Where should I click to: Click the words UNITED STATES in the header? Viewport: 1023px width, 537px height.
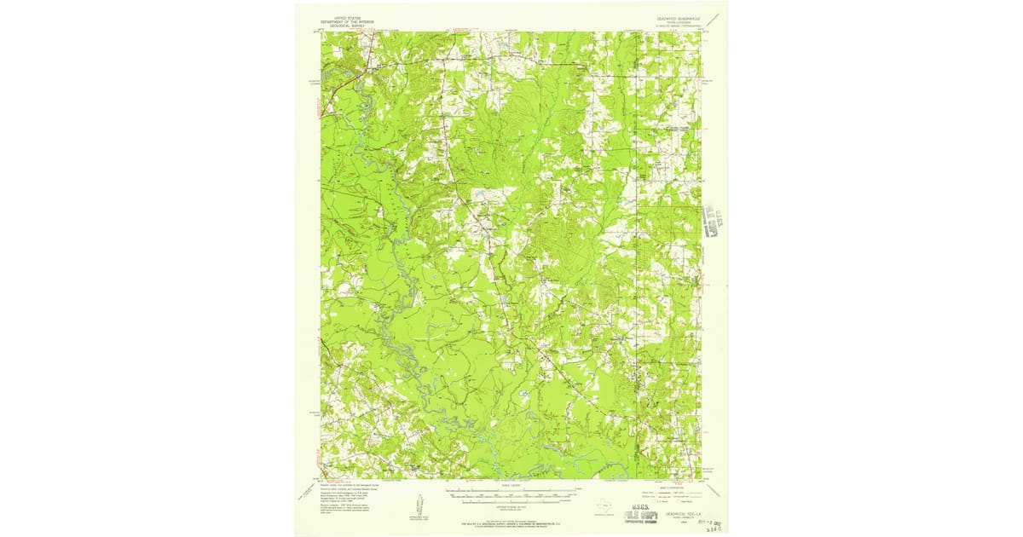tap(347, 16)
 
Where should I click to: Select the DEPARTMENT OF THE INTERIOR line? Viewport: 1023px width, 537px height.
tap(347, 20)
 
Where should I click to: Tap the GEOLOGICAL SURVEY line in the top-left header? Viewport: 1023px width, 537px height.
tap(347, 25)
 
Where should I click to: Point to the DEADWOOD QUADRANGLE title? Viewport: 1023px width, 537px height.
tap(678, 16)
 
